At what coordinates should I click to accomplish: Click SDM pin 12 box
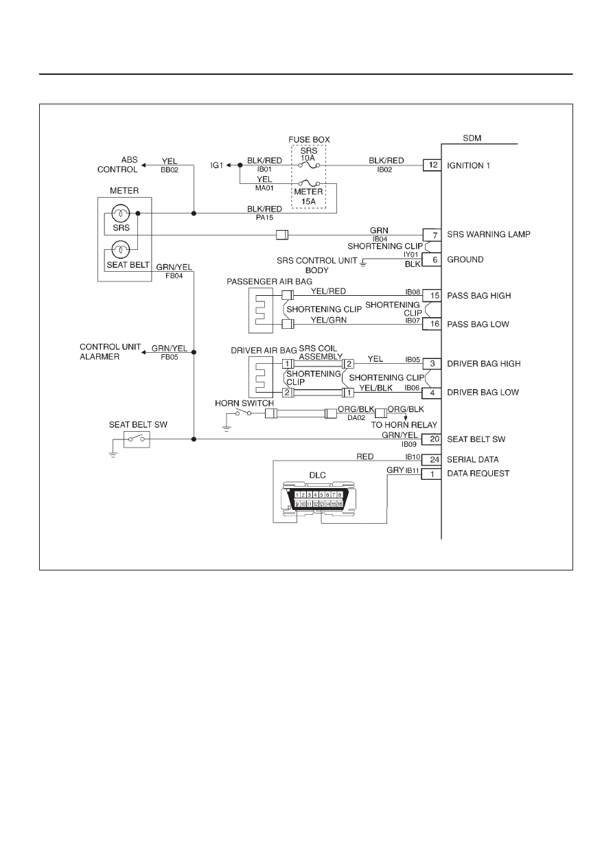coord(432,165)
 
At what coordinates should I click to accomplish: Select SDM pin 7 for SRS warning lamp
coord(432,235)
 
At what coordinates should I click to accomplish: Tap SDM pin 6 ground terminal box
coord(432,259)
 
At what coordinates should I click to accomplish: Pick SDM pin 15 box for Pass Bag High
coord(432,296)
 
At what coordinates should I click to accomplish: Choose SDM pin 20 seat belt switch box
coord(432,439)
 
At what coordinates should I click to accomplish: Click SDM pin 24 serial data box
coord(432,459)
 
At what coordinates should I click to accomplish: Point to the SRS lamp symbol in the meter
coord(121,213)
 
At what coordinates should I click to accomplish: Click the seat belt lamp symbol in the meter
coord(121,250)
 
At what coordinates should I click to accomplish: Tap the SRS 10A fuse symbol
coord(309,165)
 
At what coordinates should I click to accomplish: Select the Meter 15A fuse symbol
coord(309,183)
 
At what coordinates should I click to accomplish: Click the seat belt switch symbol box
coord(137,439)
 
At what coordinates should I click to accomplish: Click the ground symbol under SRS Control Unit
coord(363,264)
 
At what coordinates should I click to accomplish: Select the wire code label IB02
coord(384,170)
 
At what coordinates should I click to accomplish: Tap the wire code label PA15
coord(265,218)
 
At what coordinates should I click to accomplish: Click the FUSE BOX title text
coord(309,139)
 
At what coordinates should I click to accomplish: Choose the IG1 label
coord(217,165)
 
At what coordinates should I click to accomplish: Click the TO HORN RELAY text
coord(404,425)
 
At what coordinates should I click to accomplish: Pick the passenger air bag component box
coord(261,310)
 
